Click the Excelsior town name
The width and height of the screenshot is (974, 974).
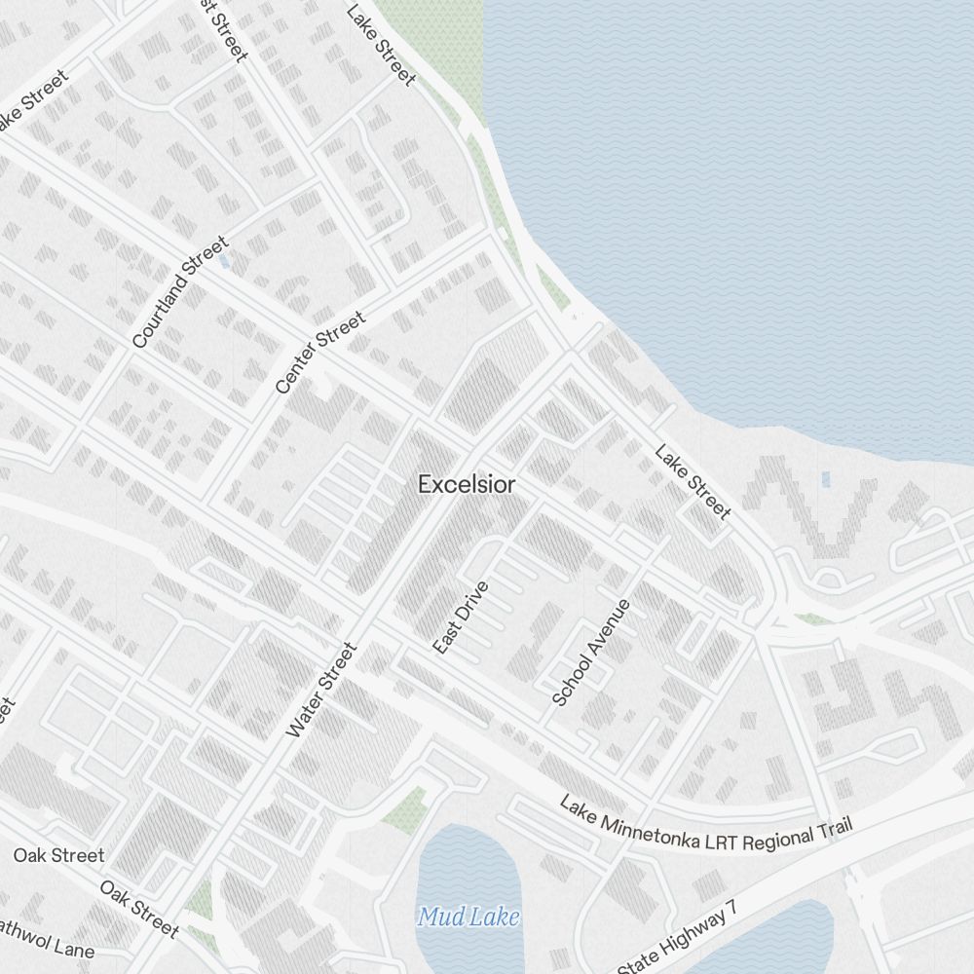coord(467,484)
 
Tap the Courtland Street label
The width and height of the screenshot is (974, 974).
coord(180,292)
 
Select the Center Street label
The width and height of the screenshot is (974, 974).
coord(320,353)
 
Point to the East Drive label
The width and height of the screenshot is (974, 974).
coord(461,618)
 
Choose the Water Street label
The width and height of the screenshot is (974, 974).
coord(322,690)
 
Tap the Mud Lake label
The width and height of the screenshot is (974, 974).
coord(468,917)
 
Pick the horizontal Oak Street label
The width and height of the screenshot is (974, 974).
coord(58,856)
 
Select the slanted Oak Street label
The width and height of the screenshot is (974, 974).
coord(139,910)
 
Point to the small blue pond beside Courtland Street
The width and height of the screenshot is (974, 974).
coord(225,262)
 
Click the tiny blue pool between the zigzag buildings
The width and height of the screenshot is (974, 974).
coord(826,479)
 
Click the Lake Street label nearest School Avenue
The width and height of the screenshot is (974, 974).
coord(693,482)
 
